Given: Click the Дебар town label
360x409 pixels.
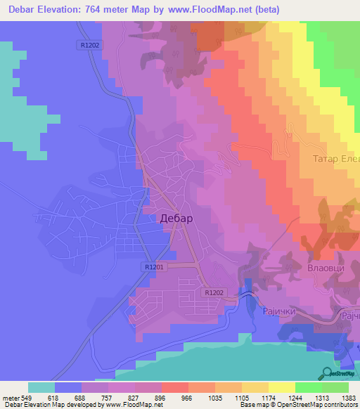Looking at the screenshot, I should tap(176, 218).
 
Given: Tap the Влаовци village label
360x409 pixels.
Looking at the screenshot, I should tap(324, 268).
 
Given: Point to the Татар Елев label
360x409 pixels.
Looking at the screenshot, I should tap(336, 159).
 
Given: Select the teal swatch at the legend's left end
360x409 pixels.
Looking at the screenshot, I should tap(41, 387).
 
